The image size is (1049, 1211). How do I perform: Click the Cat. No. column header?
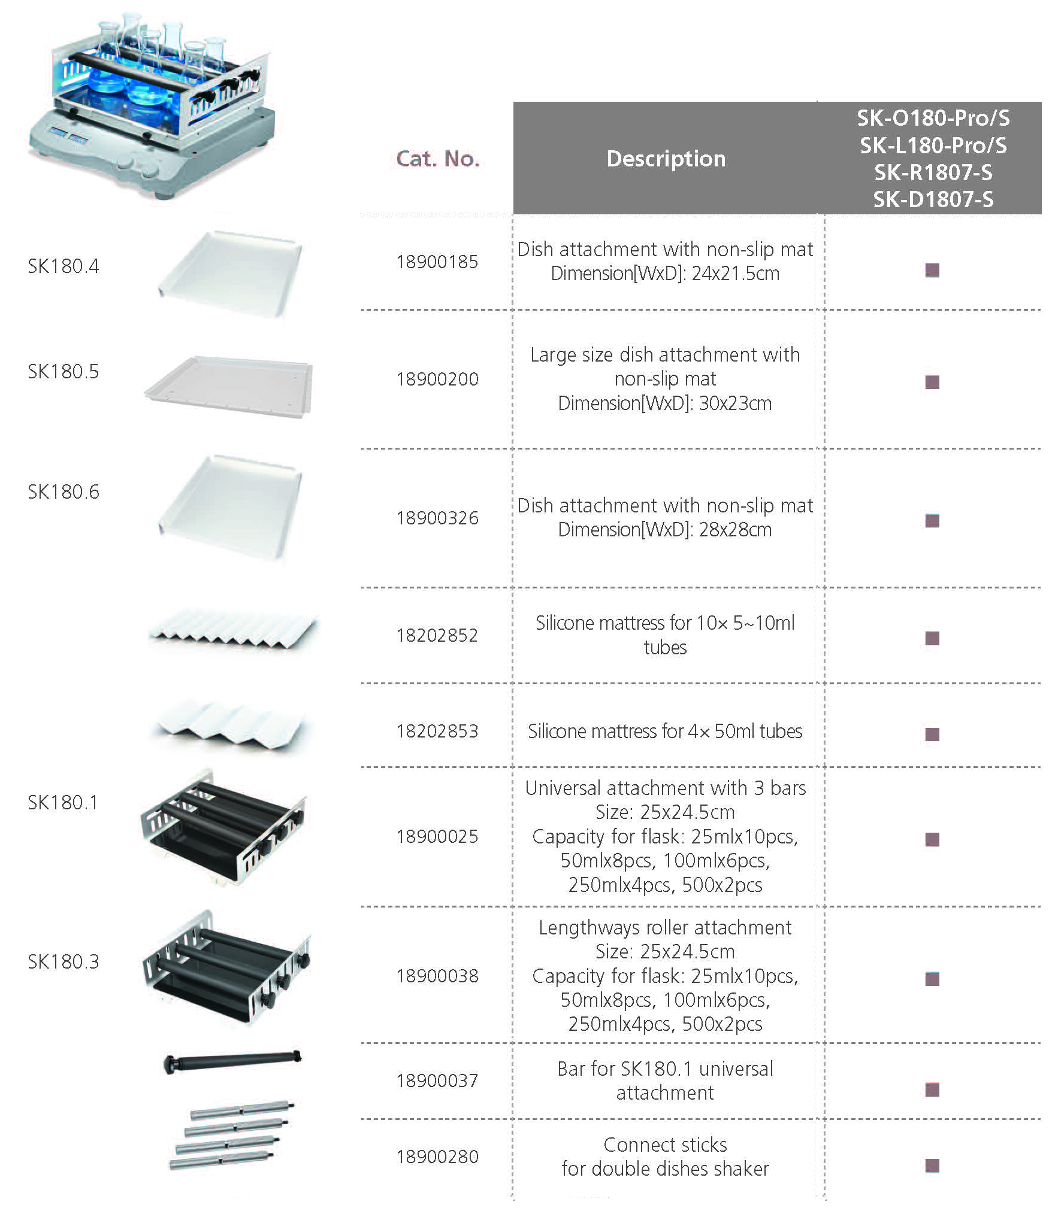click(438, 159)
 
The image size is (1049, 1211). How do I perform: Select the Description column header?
click(666, 159)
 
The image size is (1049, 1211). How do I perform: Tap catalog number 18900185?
click(437, 262)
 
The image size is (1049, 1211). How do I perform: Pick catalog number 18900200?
click(437, 379)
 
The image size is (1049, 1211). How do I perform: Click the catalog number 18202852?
click(437, 635)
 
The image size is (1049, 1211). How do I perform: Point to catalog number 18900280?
click(437, 1157)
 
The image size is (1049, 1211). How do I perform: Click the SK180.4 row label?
click(64, 266)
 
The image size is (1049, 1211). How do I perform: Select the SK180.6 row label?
click(64, 491)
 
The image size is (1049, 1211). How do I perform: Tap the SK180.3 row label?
click(64, 961)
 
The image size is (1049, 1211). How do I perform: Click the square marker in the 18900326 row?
click(932, 520)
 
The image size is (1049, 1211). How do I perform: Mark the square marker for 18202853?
click(932, 734)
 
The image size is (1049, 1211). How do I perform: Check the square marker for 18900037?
click(932, 1089)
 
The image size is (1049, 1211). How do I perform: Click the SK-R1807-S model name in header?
click(933, 172)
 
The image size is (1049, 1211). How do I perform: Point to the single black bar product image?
click(232, 1063)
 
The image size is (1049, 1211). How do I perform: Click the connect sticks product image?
click(231, 1136)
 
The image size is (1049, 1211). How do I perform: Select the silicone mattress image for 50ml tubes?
click(232, 725)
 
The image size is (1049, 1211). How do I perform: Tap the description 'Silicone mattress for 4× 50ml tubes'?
click(665, 731)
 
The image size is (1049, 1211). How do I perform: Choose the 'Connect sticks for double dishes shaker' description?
click(665, 1157)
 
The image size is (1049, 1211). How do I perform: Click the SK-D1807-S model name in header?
click(933, 199)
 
